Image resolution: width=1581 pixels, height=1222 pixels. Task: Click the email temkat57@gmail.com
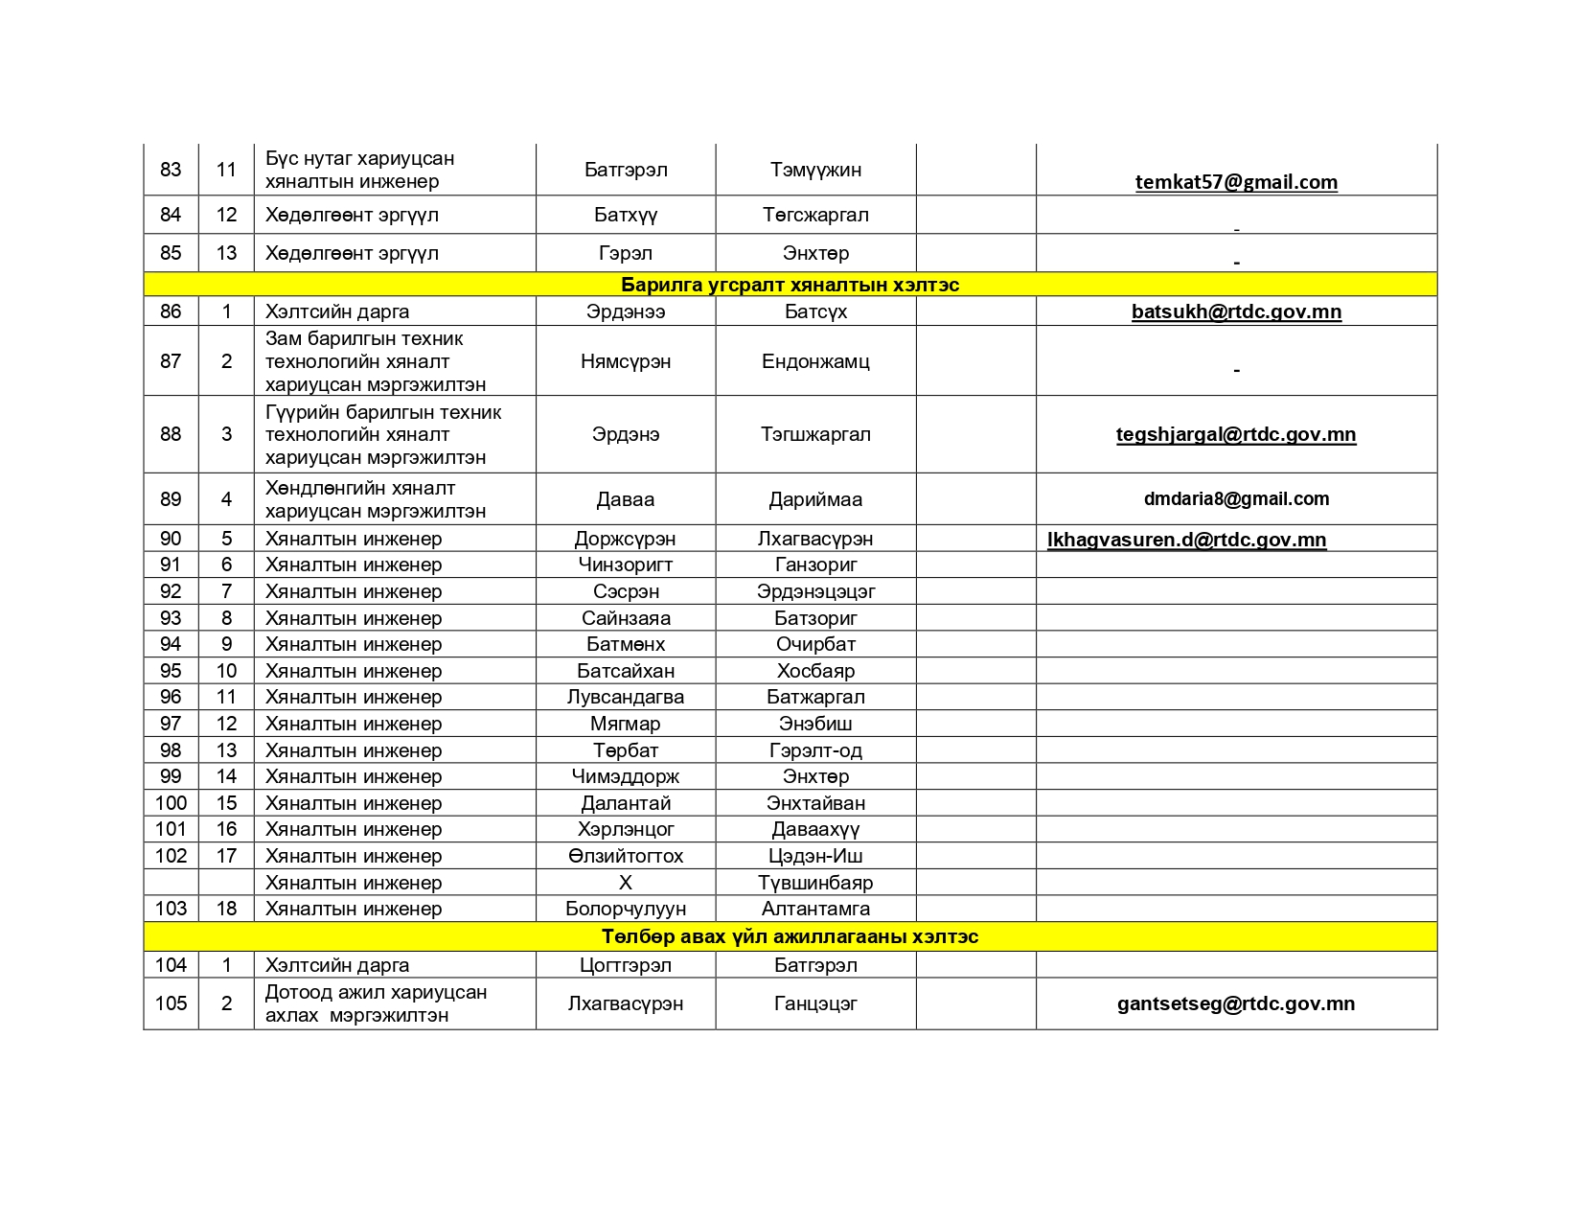[x=1236, y=182]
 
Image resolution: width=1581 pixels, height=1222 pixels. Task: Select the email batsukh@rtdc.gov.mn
[x=1236, y=311]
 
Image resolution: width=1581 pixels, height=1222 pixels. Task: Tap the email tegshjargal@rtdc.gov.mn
[x=1236, y=434]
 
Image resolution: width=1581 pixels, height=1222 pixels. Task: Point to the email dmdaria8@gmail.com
[x=1236, y=498]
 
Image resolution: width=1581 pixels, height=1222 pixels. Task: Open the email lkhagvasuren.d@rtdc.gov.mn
[x=1186, y=540]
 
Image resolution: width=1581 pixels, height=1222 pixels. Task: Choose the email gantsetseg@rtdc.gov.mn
[x=1236, y=1003]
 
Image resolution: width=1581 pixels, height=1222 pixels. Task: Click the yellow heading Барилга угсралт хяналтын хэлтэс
[x=790, y=285]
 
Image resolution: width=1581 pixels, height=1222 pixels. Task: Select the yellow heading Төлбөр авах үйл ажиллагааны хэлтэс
[x=790, y=936]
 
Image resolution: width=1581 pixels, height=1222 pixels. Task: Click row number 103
[x=171, y=909]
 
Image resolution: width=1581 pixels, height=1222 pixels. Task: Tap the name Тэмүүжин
[x=815, y=170]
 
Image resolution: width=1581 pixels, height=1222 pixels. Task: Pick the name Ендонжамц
[x=815, y=361]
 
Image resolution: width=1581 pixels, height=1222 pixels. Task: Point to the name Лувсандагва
[x=625, y=697]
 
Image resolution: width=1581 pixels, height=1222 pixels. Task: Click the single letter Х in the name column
[x=625, y=883]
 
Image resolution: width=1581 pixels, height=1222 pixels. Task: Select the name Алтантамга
[x=815, y=909]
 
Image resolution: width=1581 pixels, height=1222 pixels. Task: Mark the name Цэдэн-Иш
[x=815, y=856]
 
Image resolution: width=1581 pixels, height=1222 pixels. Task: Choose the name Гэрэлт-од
[x=815, y=750]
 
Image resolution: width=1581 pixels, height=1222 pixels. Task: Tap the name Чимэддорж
[x=625, y=776]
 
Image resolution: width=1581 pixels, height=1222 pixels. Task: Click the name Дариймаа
[x=815, y=499]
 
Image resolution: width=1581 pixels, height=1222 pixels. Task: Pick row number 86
[x=171, y=311]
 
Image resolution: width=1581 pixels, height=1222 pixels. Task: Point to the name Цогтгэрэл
[x=625, y=965]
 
